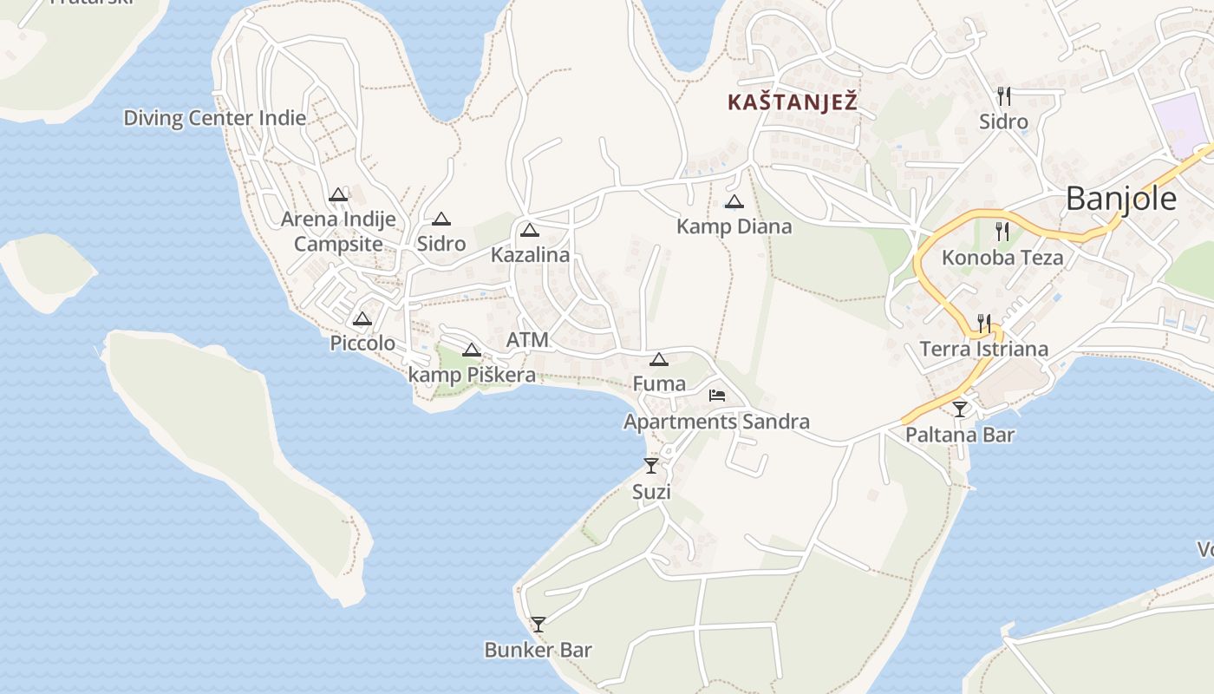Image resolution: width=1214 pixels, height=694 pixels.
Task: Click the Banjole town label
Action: click(1120, 200)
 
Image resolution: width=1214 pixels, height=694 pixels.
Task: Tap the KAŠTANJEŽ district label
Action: click(793, 102)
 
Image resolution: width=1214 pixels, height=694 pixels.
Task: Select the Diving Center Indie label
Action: click(215, 118)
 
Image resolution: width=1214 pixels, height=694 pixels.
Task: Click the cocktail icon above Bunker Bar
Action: click(538, 624)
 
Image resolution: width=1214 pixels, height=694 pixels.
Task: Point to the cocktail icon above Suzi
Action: click(651, 466)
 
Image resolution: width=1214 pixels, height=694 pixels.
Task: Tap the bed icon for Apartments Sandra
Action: click(717, 396)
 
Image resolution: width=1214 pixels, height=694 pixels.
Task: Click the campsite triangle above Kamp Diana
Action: click(734, 202)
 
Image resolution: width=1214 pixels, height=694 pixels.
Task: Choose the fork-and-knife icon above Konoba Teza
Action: click(1002, 231)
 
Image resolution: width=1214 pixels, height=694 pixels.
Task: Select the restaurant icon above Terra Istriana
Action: click(983, 323)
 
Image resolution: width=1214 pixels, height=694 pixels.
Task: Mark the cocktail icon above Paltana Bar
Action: click(960, 409)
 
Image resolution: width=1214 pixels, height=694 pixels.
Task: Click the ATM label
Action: click(527, 340)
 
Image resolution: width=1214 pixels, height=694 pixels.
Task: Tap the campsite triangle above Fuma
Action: click(659, 359)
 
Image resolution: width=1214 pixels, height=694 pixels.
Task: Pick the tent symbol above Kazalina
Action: click(530, 230)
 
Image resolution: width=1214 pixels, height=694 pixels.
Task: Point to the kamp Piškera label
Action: click(472, 376)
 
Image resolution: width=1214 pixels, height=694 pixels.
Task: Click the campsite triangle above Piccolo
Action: click(362, 318)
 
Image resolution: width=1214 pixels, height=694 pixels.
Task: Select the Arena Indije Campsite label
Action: click(338, 232)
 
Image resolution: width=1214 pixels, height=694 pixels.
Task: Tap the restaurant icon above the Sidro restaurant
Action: click(1004, 95)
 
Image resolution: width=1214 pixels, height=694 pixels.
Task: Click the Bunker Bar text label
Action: click(538, 650)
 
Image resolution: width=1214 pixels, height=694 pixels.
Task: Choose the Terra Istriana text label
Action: click(983, 350)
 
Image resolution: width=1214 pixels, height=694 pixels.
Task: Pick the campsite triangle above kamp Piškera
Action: click(471, 350)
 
